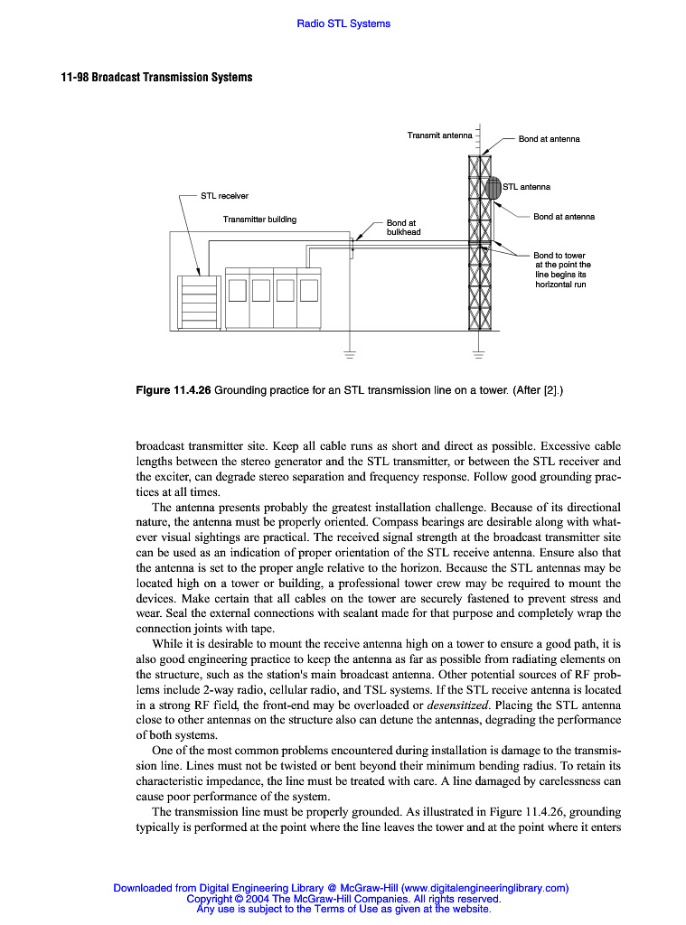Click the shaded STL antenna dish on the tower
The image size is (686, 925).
[x=493, y=188]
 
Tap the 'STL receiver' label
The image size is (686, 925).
[x=224, y=195]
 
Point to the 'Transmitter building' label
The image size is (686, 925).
[x=259, y=220]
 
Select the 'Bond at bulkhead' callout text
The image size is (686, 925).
[x=403, y=227]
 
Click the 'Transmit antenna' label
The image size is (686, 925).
[x=439, y=135]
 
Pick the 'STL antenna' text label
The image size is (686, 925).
[x=526, y=187]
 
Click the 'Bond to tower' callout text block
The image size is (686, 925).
[x=562, y=269]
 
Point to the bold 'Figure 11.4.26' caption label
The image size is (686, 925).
[x=174, y=390]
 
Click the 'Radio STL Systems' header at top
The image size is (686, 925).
[x=343, y=23]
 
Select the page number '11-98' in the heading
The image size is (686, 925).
[x=75, y=78]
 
